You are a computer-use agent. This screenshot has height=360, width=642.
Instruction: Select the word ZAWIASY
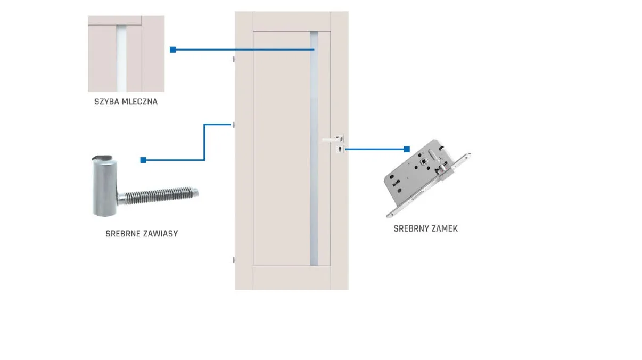[x=160, y=233]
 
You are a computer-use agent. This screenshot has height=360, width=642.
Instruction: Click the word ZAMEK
[x=444, y=228]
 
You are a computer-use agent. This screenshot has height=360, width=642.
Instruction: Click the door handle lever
[x=332, y=140]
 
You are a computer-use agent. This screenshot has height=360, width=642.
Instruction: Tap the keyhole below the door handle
[x=339, y=150]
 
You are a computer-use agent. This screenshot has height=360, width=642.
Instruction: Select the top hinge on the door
[x=234, y=59]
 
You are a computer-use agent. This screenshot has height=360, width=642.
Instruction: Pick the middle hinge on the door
[x=234, y=124]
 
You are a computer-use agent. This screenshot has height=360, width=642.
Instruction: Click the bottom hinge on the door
[x=234, y=259]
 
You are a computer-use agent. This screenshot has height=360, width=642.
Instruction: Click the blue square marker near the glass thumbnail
[x=172, y=50]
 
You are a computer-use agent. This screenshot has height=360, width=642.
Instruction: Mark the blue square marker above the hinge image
[x=143, y=160]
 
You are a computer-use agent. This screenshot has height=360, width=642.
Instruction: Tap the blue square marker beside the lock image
[x=407, y=149]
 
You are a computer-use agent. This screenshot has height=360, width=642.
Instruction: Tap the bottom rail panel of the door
[x=292, y=277]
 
